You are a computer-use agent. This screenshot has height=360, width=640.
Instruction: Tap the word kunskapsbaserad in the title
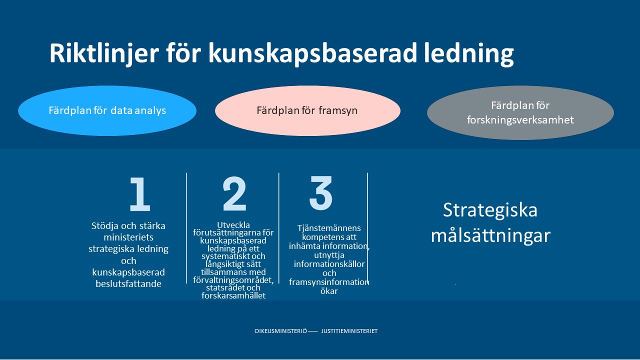click(312, 53)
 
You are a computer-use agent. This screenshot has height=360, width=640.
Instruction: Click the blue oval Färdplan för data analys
click(107, 110)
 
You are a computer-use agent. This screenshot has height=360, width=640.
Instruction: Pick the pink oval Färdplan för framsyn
click(307, 110)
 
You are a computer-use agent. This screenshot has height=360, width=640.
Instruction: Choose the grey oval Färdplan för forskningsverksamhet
click(520, 112)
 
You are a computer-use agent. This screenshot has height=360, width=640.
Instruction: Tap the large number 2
click(234, 194)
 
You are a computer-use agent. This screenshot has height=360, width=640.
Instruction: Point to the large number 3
click(321, 193)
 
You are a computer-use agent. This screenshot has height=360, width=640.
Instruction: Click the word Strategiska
click(490, 210)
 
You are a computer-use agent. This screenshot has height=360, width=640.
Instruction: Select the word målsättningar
click(490, 235)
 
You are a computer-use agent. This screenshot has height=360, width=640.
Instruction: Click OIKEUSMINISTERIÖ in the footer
click(280, 331)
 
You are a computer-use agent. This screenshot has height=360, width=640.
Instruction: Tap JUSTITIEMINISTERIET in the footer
click(349, 331)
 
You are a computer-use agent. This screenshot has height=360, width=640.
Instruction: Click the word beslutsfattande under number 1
click(128, 283)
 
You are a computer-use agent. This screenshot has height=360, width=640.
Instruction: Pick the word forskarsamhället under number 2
click(233, 295)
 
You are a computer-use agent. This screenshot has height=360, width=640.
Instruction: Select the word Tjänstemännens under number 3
click(329, 228)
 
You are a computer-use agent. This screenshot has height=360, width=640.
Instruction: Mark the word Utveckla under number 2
click(233, 225)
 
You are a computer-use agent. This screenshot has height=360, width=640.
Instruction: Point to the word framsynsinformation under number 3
click(329, 282)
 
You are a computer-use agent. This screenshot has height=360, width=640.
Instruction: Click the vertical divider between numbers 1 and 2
click(186, 227)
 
